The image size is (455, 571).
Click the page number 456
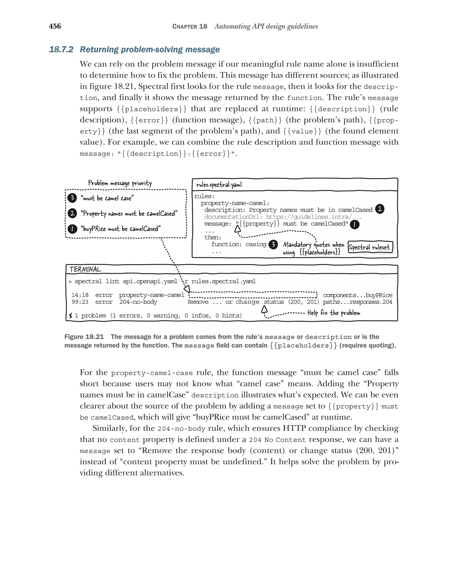point(55,26)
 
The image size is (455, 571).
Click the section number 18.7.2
point(61,50)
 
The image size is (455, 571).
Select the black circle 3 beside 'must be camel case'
point(72,198)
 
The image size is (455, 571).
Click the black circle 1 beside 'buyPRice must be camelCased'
point(72,228)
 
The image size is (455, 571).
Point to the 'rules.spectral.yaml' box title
point(219,185)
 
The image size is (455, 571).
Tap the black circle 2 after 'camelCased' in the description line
point(379,209)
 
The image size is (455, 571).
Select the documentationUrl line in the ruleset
point(283,217)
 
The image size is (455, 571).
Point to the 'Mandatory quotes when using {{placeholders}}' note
point(313,248)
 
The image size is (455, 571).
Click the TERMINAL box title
point(85,269)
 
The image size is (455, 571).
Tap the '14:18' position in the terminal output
point(80,295)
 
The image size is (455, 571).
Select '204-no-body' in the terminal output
point(138,302)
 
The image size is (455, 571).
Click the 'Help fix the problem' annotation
point(333,313)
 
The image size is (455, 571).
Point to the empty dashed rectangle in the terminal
point(253,295)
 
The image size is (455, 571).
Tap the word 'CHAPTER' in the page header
point(184,26)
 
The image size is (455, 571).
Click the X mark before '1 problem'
point(70,315)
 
